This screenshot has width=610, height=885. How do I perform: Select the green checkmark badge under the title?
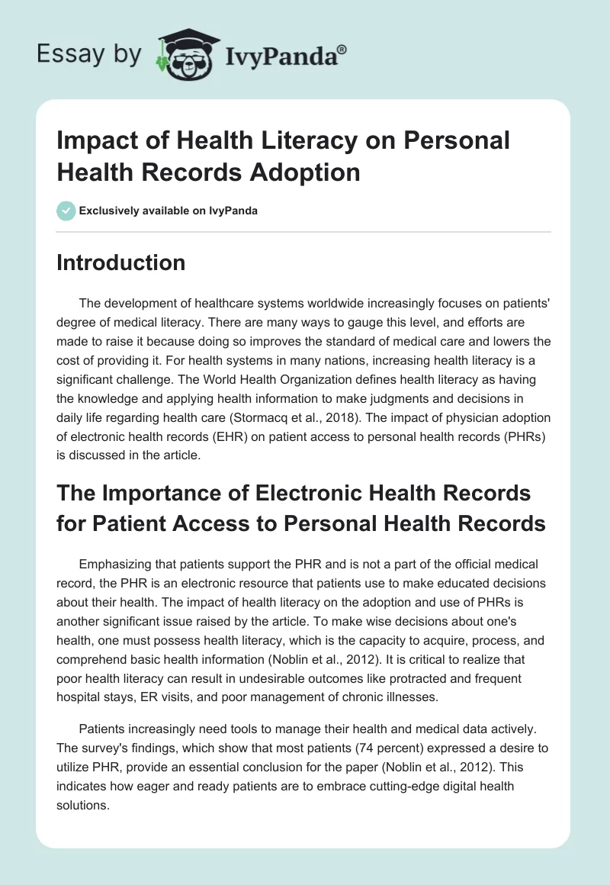66,211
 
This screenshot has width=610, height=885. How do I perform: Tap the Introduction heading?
121,262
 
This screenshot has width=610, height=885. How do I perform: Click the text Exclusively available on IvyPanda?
169,211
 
